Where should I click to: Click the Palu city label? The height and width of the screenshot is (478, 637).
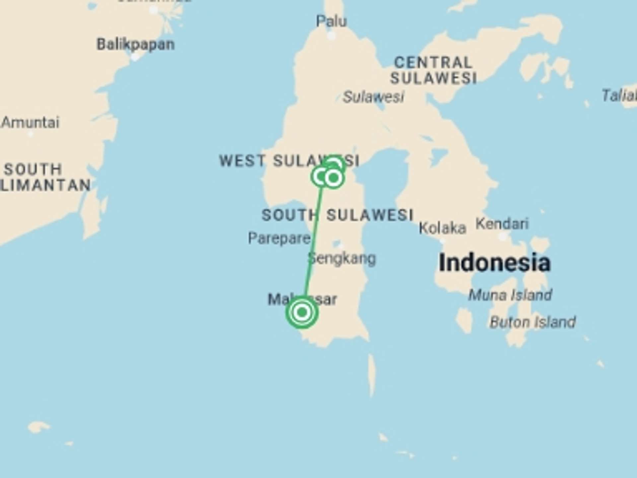(x=331, y=22)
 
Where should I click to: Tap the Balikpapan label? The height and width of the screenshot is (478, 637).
(x=135, y=44)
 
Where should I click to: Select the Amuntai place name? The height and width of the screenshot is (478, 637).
(x=31, y=122)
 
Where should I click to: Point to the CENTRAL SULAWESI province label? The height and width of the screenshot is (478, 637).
(x=433, y=70)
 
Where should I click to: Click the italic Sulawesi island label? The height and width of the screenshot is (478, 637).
(x=373, y=97)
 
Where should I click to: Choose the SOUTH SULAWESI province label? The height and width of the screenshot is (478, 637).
(x=337, y=215)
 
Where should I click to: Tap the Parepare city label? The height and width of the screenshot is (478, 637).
(x=279, y=238)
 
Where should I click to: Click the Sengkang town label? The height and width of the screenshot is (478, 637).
(x=342, y=258)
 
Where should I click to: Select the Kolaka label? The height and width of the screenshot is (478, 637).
(x=442, y=228)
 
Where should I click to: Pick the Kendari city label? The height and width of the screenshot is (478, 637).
(x=502, y=224)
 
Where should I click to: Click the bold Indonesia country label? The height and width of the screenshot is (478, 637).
(x=494, y=263)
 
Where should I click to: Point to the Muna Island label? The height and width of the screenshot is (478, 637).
(x=510, y=295)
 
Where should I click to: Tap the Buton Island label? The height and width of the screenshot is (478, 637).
(x=533, y=322)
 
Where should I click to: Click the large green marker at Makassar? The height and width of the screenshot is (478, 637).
(x=302, y=312)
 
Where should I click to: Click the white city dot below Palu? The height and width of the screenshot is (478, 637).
(x=331, y=36)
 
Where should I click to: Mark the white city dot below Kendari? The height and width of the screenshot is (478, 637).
(x=503, y=236)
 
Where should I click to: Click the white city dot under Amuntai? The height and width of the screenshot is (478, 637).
(x=31, y=134)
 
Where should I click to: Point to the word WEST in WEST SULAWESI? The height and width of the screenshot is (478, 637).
(x=243, y=161)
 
